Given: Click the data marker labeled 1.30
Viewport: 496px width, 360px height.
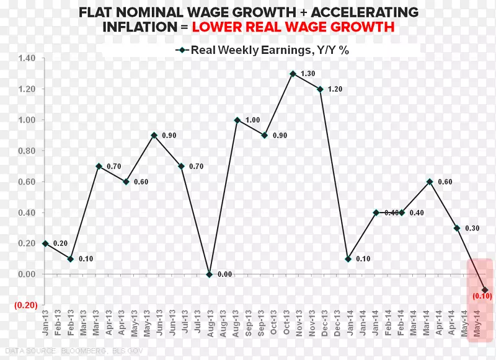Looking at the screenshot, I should click(292, 74).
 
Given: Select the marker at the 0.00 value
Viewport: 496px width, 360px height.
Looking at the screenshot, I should click(210, 274).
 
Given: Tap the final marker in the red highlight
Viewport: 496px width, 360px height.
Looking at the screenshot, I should click(484, 290).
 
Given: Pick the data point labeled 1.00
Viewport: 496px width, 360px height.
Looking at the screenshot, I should click(237, 120).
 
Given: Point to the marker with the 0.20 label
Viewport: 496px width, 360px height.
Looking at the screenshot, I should click(45, 244).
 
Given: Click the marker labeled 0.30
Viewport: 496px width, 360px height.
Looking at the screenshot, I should click(456, 228).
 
